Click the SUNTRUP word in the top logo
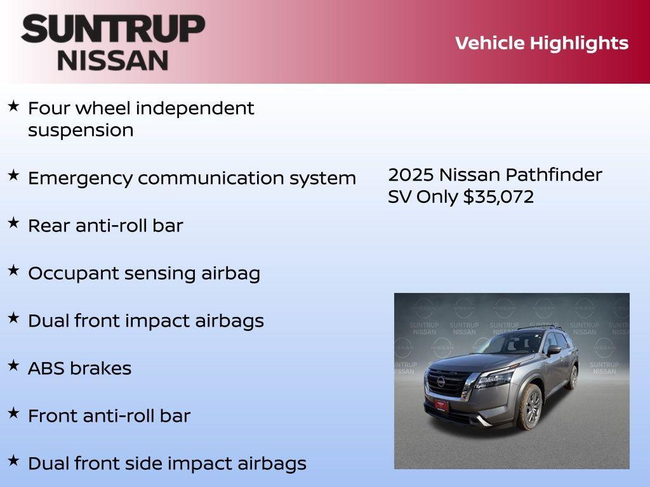click(113, 29)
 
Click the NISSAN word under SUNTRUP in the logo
click(113, 60)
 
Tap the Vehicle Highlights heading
click(541, 43)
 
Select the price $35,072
click(498, 197)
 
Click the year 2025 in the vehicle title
click(411, 175)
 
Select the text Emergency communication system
click(192, 178)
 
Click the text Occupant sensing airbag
click(144, 273)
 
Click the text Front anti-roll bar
click(109, 416)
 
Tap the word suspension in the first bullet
click(81, 131)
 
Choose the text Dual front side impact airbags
click(167, 464)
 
